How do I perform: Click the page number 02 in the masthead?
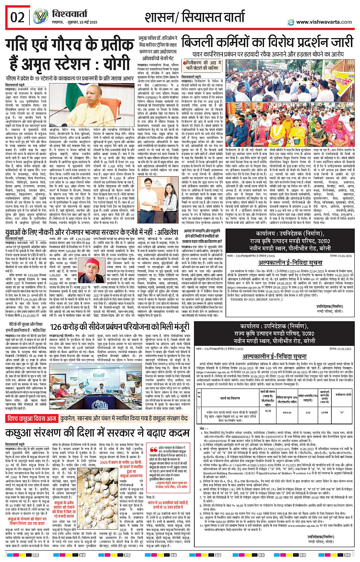click(17, 18)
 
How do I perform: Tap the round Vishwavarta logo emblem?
click(40, 17)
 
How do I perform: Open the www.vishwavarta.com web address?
click(324, 22)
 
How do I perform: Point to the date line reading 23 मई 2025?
click(88, 22)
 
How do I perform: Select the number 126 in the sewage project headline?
click(56, 327)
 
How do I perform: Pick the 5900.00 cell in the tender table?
click(286, 413)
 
